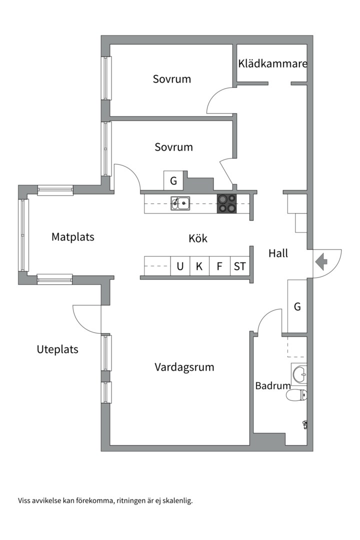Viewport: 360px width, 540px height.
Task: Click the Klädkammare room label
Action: [x=272, y=63]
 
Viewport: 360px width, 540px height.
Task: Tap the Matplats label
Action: [x=72, y=237]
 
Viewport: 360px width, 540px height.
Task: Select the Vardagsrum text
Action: [x=184, y=367]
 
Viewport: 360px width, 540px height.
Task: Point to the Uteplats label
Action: [x=57, y=349]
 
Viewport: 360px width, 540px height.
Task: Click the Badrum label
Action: [x=273, y=385]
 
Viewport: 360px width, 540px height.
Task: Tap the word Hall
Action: [x=278, y=253]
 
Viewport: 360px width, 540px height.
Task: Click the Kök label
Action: [x=198, y=238]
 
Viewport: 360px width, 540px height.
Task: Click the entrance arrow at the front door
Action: [x=321, y=262]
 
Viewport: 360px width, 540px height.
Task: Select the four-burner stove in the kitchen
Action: [x=226, y=203]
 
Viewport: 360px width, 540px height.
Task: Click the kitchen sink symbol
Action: [x=180, y=203]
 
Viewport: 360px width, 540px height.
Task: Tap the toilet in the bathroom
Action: [x=296, y=395]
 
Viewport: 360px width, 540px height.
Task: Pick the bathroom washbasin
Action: [x=299, y=374]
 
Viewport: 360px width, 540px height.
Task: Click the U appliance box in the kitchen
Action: [x=180, y=266]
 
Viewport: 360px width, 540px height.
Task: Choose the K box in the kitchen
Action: [x=199, y=266]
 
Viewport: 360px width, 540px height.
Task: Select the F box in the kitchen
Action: [x=219, y=266]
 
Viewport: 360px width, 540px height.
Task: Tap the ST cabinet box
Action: [x=240, y=266]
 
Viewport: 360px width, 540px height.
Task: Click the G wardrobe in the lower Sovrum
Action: [x=173, y=180]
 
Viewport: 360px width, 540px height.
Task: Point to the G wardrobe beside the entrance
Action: [x=297, y=306]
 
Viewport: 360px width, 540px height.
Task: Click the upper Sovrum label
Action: [x=172, y=79]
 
